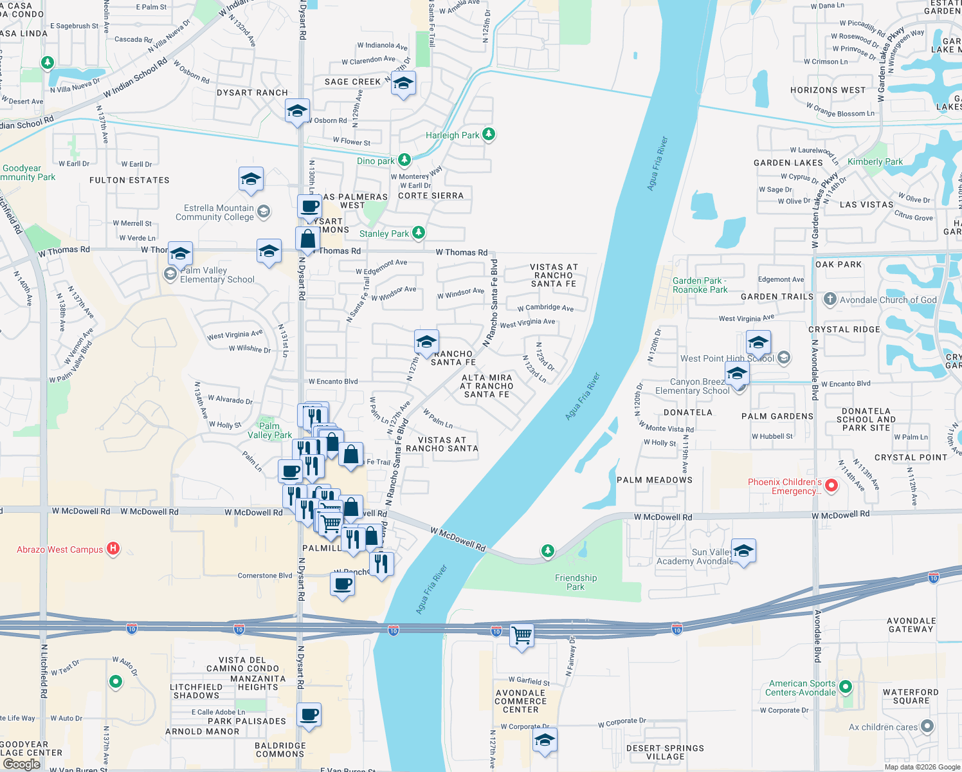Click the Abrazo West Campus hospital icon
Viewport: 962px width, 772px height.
point(113,549)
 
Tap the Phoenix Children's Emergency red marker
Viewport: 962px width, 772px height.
point(831,486)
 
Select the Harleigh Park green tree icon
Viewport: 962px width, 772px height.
point(489,134)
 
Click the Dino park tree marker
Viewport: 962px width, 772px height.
point(404,160)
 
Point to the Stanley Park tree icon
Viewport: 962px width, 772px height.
point(419,233)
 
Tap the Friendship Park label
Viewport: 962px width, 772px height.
point(576,582)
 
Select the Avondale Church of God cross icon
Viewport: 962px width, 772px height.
point(830,299)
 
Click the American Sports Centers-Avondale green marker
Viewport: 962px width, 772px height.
point(845,687)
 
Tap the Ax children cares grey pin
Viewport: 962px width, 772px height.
point(927,726)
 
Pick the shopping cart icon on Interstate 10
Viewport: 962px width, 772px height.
point(522,636)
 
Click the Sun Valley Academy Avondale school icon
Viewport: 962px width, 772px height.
point(743,551)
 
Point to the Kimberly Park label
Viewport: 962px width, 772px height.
point(875,161)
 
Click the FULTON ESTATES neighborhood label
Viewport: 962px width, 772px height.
point(129,180)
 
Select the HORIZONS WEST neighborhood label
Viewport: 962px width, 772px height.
point(828,90)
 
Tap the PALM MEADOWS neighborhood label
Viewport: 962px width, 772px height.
point(654,480)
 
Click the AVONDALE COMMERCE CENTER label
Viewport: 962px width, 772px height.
point(520,701)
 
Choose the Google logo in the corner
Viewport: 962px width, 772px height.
point(21,764)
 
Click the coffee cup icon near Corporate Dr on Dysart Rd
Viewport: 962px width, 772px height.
point(309,714)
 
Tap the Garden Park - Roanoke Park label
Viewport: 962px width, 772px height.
point(700,285)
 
